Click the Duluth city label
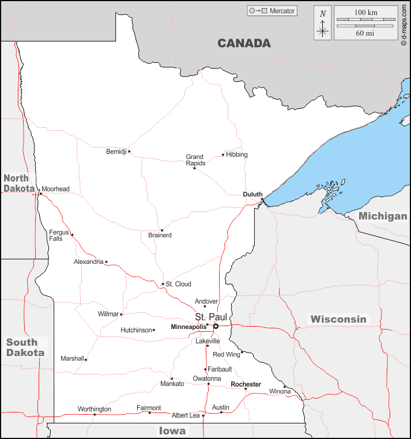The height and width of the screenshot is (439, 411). (252, 195)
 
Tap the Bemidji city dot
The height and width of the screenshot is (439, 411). (129, 152)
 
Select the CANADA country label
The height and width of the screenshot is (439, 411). (244, 43)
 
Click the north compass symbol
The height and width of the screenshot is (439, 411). (323, 23)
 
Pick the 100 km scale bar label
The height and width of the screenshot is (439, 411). (365, 12)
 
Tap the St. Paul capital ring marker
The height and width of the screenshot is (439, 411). (216, 326)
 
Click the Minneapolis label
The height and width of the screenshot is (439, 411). (188, 327)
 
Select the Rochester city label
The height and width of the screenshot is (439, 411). (246, 384)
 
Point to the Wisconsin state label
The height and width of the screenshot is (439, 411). (338, 319)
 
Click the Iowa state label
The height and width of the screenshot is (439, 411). (172, 431)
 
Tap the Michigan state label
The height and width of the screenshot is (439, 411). (383, 216)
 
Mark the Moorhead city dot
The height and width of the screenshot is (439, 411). (40, 194)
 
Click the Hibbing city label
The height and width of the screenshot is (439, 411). (237, 154)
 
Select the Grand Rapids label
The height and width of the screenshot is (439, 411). (195, 160)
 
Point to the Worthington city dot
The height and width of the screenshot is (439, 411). (95, 414)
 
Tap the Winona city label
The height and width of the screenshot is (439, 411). (281, 392)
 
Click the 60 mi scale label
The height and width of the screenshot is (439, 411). (365, 33)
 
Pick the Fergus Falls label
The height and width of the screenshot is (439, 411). (59, 235)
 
